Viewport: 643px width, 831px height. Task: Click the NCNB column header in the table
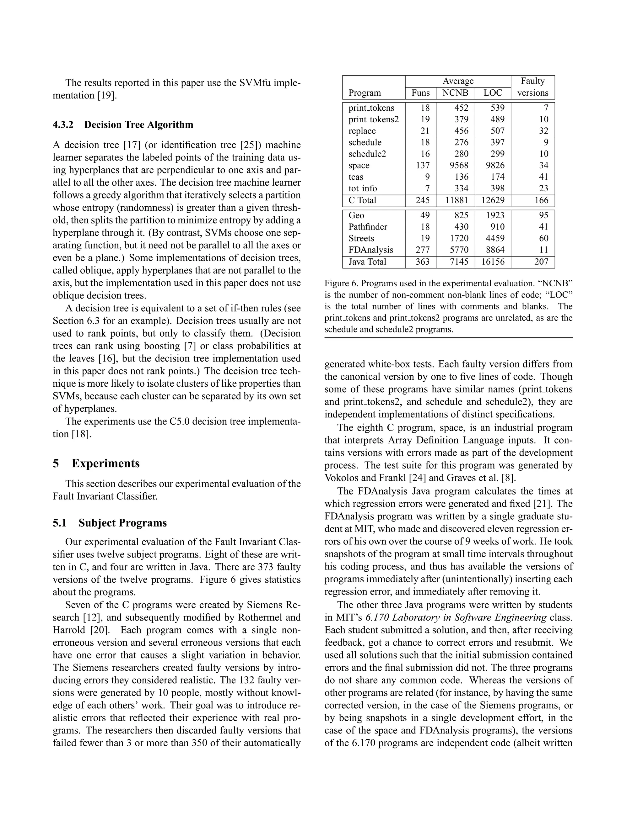coord(455,93)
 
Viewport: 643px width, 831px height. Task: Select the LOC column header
coord(493,93)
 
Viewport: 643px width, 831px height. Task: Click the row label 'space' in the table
coord(359,166)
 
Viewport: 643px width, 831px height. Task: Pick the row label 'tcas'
coord(356,177)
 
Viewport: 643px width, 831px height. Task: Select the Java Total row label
coord(367,262)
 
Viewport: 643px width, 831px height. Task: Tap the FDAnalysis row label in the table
coord(371,250)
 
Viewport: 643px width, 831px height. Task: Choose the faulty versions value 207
coord(541,262)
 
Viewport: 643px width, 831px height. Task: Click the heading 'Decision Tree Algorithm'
coord(139,125)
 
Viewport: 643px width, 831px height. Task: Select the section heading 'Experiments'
coord(105,463)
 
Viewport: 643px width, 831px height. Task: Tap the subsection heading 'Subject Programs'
coord(123,523)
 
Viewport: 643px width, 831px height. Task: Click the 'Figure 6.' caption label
coord(341,283)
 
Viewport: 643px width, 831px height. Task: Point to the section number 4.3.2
coord(63,125)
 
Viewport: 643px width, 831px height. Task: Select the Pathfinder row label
coord(368,227)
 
